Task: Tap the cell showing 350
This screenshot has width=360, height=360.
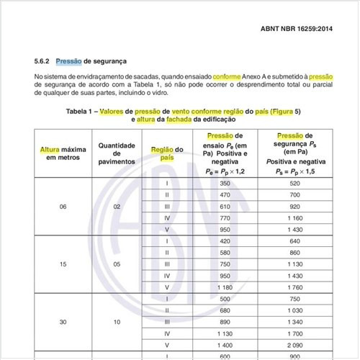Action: click(224, 183)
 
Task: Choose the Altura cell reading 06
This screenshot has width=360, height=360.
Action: click(63, 206)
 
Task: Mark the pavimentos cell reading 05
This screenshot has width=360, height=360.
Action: click(116, 264)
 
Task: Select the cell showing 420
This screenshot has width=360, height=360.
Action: click(224, 241)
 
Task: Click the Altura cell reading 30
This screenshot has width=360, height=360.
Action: click(63, 322)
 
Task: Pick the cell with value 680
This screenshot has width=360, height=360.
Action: click(224, 310)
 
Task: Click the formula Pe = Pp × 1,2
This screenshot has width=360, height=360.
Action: click(224, 172)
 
